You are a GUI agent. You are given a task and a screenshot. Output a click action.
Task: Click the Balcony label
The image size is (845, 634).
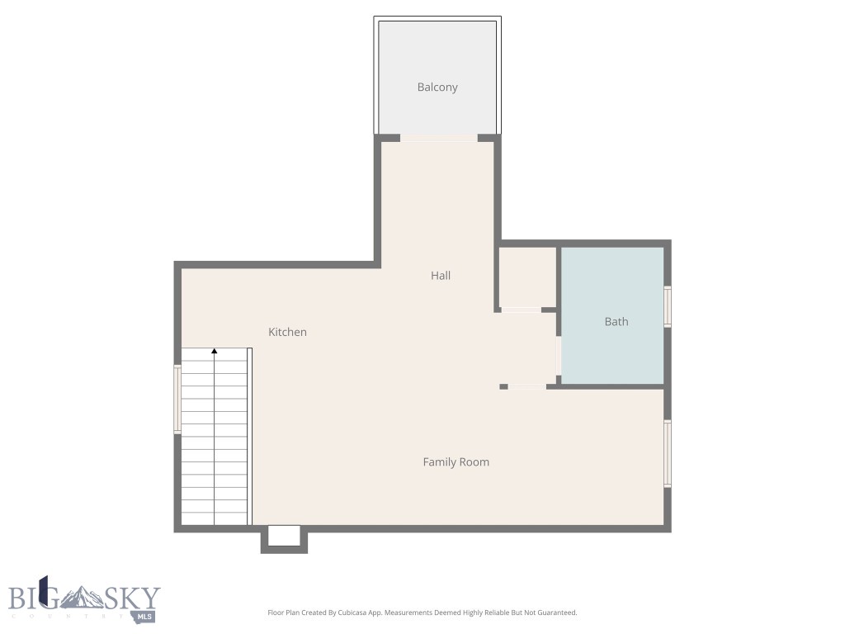(x=437, y=88)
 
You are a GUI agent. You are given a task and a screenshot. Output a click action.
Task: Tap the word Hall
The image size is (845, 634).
(x=441, y=276)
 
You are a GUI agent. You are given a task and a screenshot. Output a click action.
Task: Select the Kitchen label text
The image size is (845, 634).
(x=287, y=332)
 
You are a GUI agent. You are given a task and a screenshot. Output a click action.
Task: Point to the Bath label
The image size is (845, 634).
(x=616, y=322)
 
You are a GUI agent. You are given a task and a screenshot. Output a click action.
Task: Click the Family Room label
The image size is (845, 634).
(x=456, y=462)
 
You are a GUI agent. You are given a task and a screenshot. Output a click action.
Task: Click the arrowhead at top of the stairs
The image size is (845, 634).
(x=215, y=352)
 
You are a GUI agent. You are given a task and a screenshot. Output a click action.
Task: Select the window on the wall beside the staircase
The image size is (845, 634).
(x=177, y=400)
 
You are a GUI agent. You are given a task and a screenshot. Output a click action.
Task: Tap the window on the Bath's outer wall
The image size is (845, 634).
(x=668, y=306)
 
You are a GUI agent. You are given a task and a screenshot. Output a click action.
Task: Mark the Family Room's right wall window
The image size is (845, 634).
(x=668, y=453)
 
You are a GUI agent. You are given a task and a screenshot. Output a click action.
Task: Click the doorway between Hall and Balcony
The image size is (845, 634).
(x=438, y=138)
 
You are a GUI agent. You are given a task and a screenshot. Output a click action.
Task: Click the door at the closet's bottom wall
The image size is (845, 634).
(x=521, y=310)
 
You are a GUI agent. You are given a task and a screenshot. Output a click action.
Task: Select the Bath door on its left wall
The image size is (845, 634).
(x=559, y=357)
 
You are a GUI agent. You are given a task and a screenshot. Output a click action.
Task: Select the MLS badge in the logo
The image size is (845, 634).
(x=146, y=616)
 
